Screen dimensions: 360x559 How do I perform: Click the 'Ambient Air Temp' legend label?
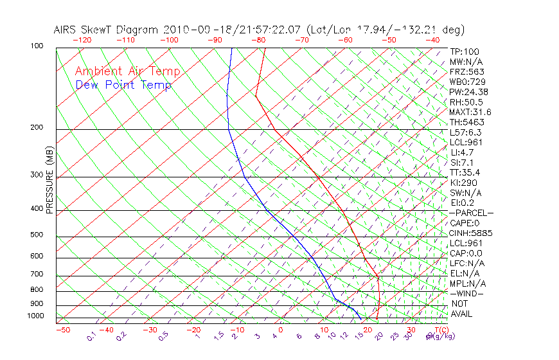coord(127,71)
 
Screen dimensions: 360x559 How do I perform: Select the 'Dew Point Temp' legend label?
coord(123,85)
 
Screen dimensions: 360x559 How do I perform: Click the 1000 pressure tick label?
coord(36,316)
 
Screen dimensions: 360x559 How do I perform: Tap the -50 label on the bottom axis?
coord(62,330)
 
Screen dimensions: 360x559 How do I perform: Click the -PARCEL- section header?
coord(471,213)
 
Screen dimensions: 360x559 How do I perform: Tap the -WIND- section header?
coord(466,293)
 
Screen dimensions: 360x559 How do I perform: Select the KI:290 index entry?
coord(463,183)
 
